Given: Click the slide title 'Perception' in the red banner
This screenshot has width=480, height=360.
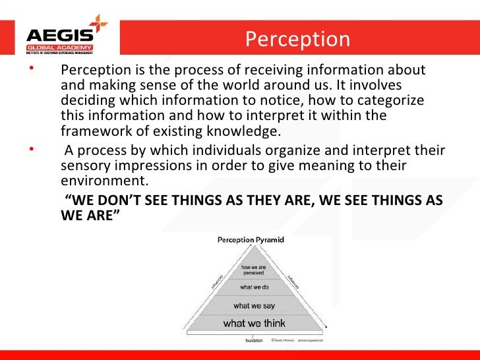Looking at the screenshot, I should click(297, 40).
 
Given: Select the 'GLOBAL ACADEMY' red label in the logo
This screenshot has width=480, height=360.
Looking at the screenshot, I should click(59, 48).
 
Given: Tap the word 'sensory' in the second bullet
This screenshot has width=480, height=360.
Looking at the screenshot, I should click(84, 165).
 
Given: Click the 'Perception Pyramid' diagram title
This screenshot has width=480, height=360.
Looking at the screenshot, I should click(251, 240).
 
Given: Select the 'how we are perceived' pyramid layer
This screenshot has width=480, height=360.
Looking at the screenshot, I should click(253, 269).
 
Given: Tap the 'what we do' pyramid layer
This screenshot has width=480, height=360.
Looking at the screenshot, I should click(254, 287).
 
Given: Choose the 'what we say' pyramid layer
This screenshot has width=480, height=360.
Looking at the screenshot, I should click(254, 305).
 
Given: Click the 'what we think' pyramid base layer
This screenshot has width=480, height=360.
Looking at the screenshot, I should click(254, 323).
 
